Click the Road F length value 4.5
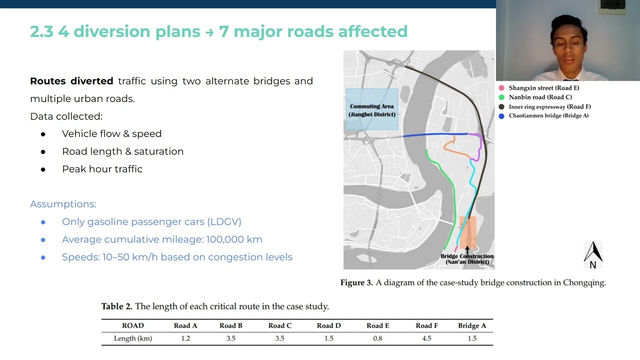point(426,338)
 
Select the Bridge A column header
point(472,325)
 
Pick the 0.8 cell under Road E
point(377,338)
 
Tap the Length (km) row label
point(133,338)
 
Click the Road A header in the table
point(185,325)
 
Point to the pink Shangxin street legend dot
point(501,88)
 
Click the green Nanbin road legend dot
point(501,97)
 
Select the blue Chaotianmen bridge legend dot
point(501,116)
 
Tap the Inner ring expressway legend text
point(549,106)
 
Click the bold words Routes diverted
point(71,81)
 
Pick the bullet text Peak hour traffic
point(102,169)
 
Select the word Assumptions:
point(63,204)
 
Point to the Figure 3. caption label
point(356,282)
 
